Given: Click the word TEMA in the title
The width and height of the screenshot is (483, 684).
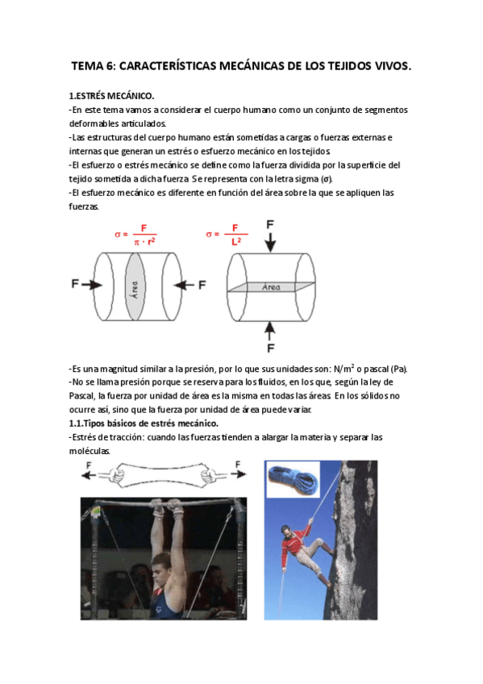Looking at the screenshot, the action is (x=87, y=66).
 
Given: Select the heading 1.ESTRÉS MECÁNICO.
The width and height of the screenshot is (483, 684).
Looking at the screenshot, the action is (x=111, y=95).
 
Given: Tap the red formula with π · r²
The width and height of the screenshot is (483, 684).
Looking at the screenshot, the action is (x=135, y=235).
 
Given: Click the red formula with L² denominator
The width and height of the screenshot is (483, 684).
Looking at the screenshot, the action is (x=227, y=235).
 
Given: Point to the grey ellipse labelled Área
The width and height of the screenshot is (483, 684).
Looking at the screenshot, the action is (x=135, y=286).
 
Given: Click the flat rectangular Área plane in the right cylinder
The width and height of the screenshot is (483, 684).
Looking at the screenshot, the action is (x=271, y=286).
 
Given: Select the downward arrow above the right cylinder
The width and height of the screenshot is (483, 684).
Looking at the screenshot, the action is (x=270, y=242).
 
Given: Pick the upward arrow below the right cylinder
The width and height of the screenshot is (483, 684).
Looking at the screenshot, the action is (x=270, y=331).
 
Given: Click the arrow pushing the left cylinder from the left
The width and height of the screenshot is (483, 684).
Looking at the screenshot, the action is (x=92, y=285).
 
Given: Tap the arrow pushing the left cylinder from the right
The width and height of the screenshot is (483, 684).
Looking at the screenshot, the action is (x=184, y=285).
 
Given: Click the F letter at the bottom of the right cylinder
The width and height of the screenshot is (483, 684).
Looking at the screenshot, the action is (x=271, y=348).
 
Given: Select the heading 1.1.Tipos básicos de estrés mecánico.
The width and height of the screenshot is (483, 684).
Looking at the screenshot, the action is (x=144, y=423).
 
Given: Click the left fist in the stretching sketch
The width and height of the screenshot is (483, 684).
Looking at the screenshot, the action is (x=115, y=474).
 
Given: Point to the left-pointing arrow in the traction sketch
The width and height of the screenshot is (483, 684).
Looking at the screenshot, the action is (x=89, y=474).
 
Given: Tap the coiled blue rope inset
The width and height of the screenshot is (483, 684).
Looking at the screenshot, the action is (x=292, y=479).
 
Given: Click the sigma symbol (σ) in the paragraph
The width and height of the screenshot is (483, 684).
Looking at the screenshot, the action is (x=326, y=179).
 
